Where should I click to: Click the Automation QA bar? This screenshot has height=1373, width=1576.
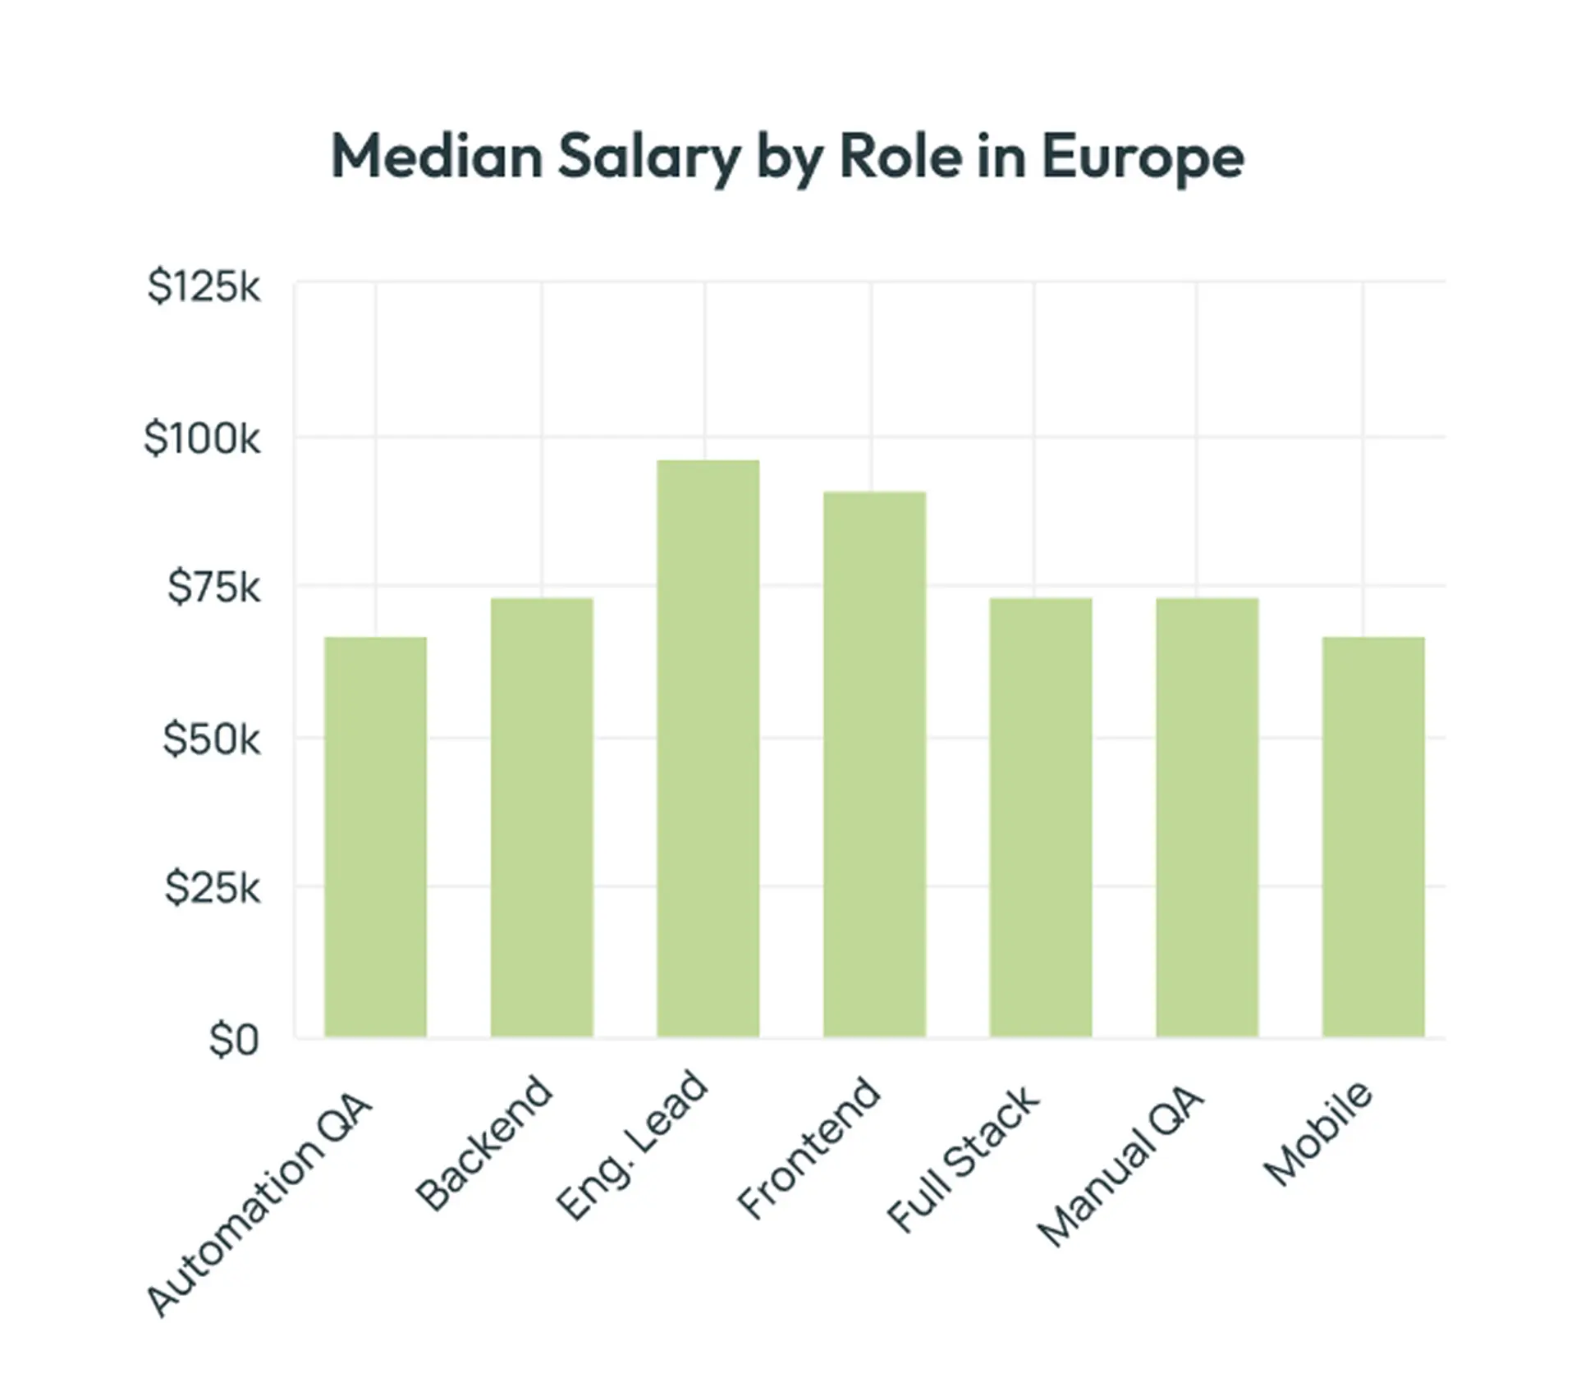coord(375,837)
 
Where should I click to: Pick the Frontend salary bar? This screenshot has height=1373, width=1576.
coord(874,764)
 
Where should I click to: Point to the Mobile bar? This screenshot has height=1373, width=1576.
coord(1373,837)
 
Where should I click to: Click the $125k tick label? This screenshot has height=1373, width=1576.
coord(204,287)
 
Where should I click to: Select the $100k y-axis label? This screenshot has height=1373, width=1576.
coord(202,438)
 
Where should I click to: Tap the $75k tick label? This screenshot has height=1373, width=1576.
coord(213,588)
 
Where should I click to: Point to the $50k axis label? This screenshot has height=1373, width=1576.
coord(211,739)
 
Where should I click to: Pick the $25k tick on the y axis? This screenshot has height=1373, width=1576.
coord(212,888)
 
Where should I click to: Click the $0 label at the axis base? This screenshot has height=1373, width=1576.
coord(234,1040)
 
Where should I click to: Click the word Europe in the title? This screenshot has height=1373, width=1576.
coord(1143,157)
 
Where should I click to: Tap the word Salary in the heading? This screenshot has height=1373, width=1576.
coord(648,157)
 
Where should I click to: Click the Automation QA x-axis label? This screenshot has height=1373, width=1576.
coord(259,1206)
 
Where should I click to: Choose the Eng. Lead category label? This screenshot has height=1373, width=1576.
coord(631,1145)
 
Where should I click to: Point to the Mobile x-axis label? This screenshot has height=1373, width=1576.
coord(1317,1133)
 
